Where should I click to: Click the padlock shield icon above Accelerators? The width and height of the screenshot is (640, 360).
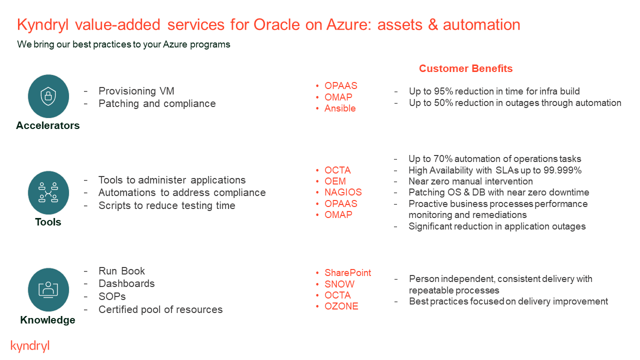(x=48, y=95)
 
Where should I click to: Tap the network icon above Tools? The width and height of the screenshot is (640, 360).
(x=48, y=192)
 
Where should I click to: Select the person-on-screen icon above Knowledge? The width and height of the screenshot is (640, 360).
(x=48, y=289)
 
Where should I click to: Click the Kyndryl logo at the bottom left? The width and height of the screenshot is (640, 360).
(x=30, y=346)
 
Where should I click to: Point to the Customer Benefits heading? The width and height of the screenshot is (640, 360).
(x=465, y=68)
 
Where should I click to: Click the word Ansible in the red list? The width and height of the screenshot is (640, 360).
(x=340, y=108)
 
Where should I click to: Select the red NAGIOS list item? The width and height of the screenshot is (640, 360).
(x=343, y=192)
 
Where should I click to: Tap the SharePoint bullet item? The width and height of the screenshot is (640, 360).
(x=347, y=273)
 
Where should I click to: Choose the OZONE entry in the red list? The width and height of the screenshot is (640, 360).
(x=341, y=306)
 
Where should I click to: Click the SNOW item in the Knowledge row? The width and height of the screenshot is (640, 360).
(x=339, y=284)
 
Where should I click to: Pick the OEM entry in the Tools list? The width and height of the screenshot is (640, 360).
(x=335, y=181)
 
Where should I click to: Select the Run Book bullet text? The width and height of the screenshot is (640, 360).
(x=121, y=271)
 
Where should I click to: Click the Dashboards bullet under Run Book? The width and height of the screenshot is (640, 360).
(x=126, y=283)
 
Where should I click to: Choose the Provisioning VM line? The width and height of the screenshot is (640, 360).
(x=136, y=91)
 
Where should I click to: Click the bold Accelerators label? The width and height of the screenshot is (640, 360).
(x=48, y=125)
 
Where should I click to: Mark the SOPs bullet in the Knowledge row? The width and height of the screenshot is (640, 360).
(x=112, y=296)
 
